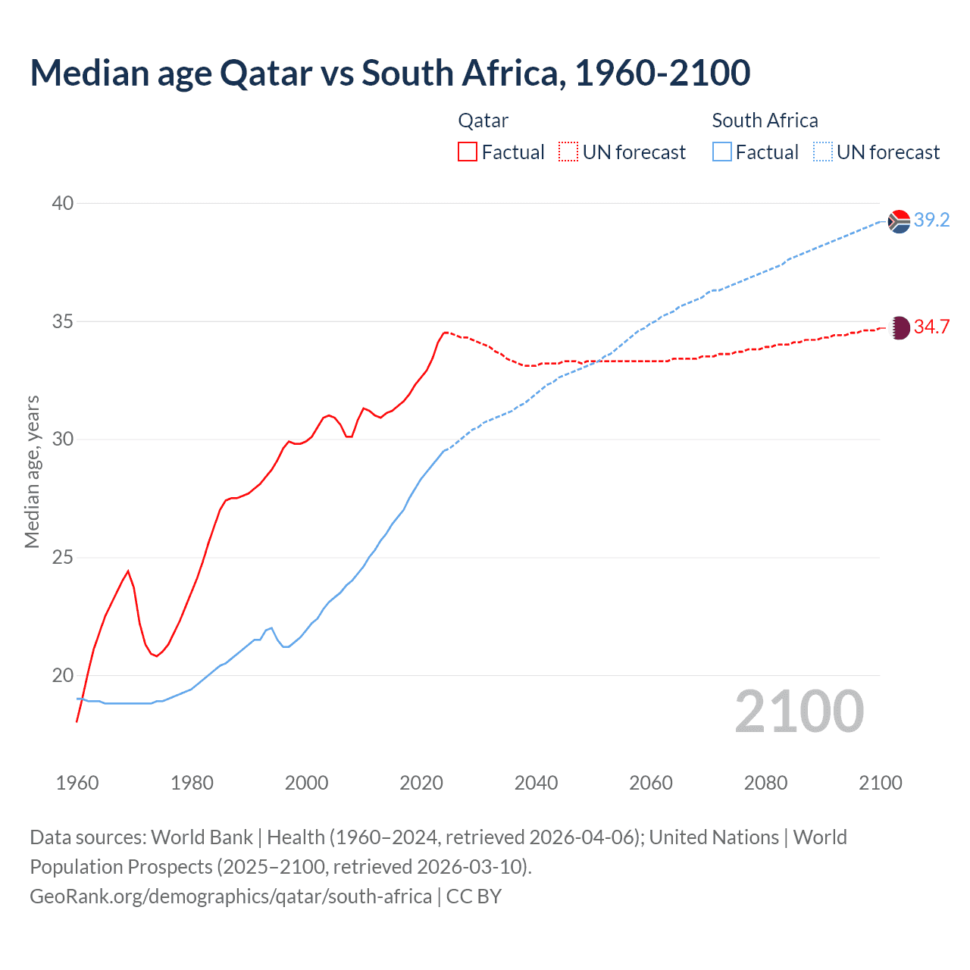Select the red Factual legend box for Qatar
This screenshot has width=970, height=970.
tap(468, 152)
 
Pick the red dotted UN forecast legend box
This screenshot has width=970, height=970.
tap(568, 152)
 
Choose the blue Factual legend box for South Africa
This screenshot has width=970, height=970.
tap(722, 152)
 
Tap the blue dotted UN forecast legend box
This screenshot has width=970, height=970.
tap(823, 152)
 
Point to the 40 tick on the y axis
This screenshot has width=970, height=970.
tap(63, 203)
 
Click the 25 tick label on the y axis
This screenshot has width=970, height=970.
tap(63, 558)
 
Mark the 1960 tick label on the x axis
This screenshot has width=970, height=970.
tap(77, 783)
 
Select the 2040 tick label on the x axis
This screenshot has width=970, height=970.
tap(536, 783)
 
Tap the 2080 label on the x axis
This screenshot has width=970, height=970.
tap(765, 783)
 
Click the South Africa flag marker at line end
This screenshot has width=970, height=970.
tap(899, 221)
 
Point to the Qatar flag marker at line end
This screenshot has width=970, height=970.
tap(899, 327)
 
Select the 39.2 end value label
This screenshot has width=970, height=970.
tap(931, 221)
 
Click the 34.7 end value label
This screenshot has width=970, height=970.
tap(931, 327)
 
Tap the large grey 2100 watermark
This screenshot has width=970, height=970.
tap(799, 712)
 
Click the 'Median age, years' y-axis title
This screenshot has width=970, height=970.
tap(32, 471)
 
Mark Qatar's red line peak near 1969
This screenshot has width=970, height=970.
tap(128, 571)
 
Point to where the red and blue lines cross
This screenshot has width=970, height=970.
tap(597, 361)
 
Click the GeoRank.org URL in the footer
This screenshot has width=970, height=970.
tap(230, 896)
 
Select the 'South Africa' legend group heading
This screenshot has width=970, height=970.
tap(765, 120)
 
